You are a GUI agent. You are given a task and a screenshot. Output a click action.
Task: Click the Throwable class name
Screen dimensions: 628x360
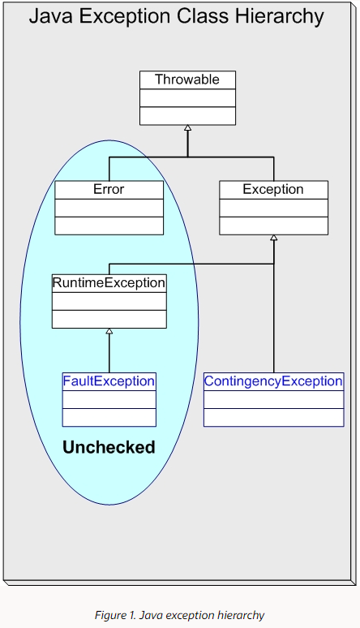(x=187, y=80)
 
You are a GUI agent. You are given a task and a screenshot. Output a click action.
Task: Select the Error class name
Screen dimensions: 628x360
(x=109, y=189)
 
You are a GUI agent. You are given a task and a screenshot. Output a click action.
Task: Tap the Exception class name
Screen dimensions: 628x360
(x=273, y=189)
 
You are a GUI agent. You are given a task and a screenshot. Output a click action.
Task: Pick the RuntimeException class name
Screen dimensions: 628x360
(x=109, y=283)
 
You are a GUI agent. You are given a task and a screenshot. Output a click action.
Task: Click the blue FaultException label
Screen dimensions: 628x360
(x=109, y=381)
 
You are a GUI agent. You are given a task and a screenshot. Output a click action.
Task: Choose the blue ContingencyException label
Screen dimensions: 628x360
(x=273, y=381)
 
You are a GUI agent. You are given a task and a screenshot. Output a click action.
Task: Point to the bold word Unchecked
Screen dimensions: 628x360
(x=109, y=447)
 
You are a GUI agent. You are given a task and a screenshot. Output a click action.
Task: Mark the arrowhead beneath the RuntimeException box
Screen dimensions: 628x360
(x=109, y=332)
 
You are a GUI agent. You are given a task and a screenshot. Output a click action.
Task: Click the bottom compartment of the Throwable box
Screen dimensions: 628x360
(x=187, y=115)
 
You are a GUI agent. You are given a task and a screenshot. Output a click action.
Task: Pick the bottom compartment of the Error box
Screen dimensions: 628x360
(x=109, y=226)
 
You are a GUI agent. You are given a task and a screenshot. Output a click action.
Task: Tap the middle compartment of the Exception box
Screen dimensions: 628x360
(x=273, y=207)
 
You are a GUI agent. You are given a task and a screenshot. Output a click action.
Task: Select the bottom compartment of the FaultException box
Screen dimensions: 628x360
(x=109, y=417)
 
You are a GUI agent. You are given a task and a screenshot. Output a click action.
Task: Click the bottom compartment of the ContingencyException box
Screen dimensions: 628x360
(x=273, y=417)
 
